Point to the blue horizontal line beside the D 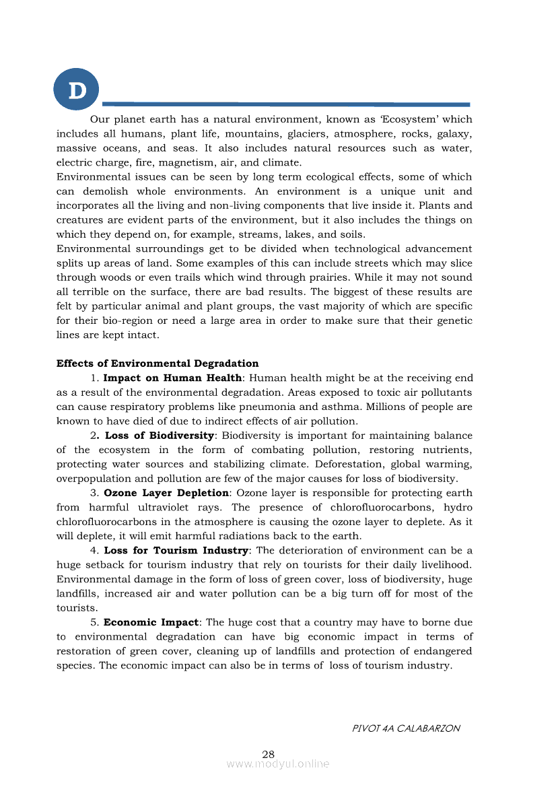click(285, 104)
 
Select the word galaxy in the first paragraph click(454, 134)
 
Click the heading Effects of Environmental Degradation click(158, 364)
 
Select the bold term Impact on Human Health click(172, 378)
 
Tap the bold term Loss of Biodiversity click(160, 436)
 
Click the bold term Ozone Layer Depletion click(166, 493)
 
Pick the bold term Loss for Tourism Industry click(176, 550)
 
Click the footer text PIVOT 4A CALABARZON click(407, 728)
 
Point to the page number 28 click(269, 753)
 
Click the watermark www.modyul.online click(278, 763)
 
